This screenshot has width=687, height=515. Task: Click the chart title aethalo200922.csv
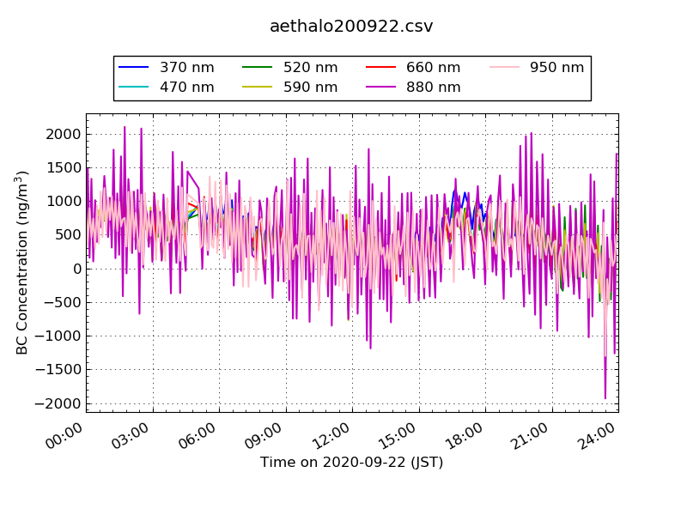click(x=351, y=27)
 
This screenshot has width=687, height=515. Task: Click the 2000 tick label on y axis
click(x=64, y=134)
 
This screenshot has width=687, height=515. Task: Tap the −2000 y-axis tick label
click(x=58, y=403)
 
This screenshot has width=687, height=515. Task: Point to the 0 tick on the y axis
click(x=76, y=269)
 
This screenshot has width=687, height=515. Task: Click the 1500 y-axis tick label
click(x=64, y=167)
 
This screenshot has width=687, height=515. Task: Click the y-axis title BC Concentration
click(x=23, y=263)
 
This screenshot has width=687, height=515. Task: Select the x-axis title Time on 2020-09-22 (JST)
click(x=351, y=463)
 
